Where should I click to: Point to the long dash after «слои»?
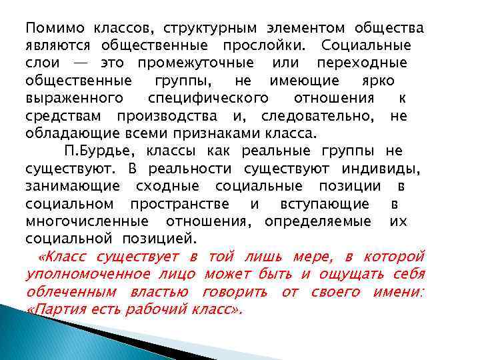(79, 63)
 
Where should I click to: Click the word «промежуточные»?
(195, 63)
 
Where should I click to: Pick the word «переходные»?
(361, 63)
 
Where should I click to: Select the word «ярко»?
(378, 81)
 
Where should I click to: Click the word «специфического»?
(208, 98)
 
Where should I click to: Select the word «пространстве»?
(179, 203)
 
